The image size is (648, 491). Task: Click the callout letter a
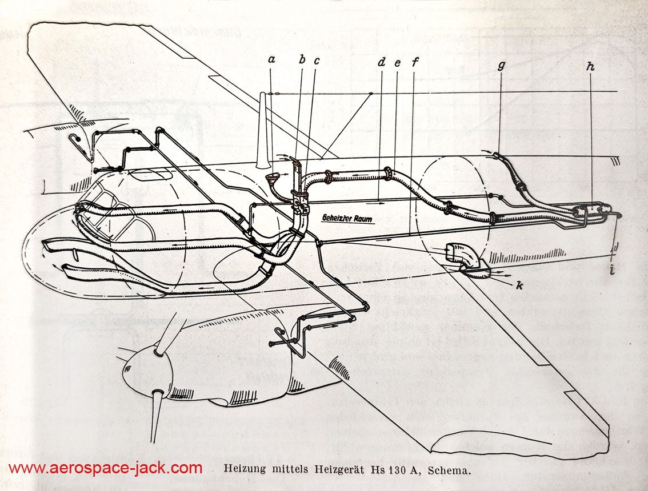[x=272, y=59]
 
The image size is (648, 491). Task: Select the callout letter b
[x=302, y=58]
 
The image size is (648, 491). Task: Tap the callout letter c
[x=316, y=59]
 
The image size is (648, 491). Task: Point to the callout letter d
[x=382, y=62]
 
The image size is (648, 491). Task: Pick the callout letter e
[x=398, y=63]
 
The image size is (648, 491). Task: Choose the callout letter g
[x=501, y=66]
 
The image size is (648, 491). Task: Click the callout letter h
[x=590, y=67]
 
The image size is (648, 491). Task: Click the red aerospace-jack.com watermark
[x=106, y=468]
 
